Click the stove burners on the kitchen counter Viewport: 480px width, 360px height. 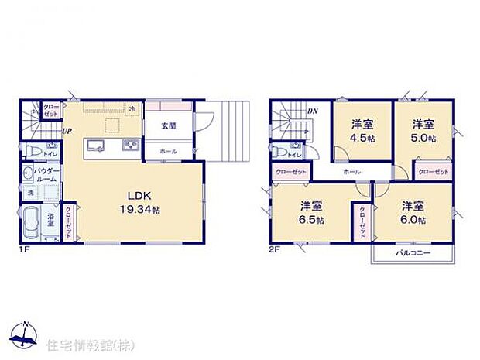pyautogui.click(x=128, y=146)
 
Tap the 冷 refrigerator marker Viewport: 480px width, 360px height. pyautogui.click(x=132, y=108)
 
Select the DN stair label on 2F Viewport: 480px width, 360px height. pyautogui.click(x=312, y=111)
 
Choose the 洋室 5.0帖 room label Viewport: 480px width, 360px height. pyautogui.click(x=422, y=130)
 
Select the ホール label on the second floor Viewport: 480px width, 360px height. pyautogui.click(x=351, y=171)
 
